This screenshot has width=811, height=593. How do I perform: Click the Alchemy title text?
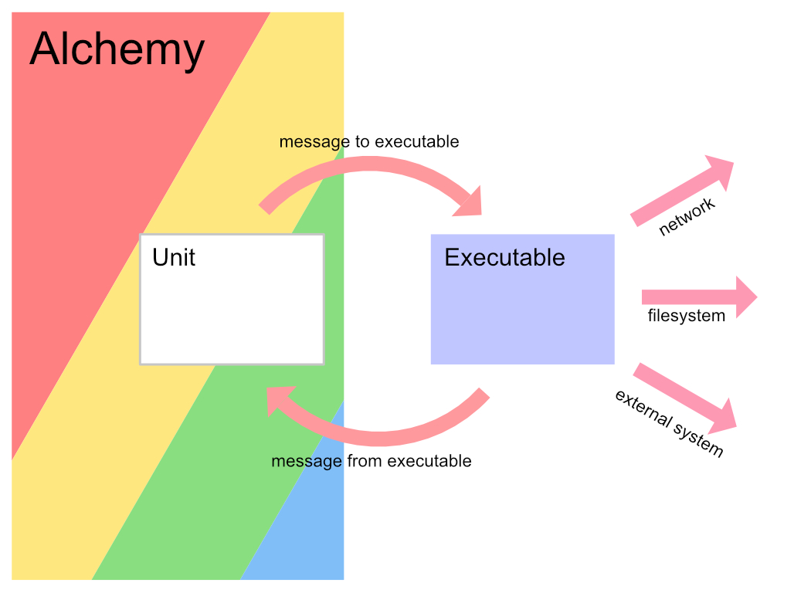117,49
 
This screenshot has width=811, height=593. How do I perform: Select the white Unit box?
232,309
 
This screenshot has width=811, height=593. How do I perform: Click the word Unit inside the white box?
174,257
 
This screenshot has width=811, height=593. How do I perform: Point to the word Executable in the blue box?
504,257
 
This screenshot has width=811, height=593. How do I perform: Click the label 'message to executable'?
369,142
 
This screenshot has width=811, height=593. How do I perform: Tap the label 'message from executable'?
372,461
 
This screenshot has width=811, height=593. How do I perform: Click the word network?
687,216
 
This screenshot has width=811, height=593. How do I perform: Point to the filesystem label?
687,316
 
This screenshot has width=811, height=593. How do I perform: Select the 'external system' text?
669,423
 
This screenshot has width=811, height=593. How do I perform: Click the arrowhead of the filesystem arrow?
745,297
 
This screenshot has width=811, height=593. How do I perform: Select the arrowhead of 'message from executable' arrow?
278,400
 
